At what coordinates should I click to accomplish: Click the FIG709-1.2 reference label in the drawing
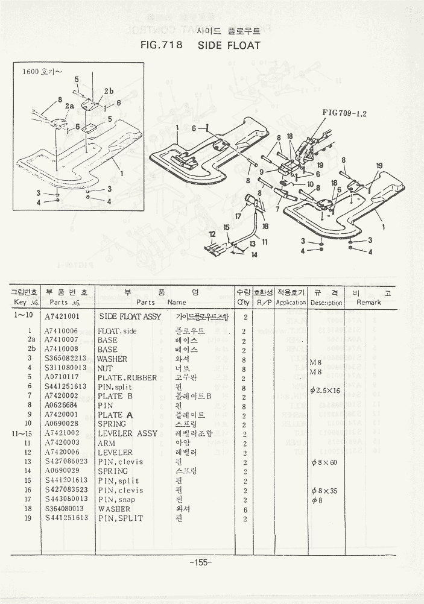point(344,112)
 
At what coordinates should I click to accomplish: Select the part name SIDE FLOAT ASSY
point(130,316)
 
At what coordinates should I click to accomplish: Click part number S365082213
point(66,359)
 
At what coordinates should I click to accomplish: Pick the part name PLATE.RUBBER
point(127,378)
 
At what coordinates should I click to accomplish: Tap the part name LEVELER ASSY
point(127,434)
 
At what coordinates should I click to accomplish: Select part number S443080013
point(66,500)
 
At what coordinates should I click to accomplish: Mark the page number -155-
point(200,562)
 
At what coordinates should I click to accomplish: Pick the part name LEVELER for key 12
point(115,453)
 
